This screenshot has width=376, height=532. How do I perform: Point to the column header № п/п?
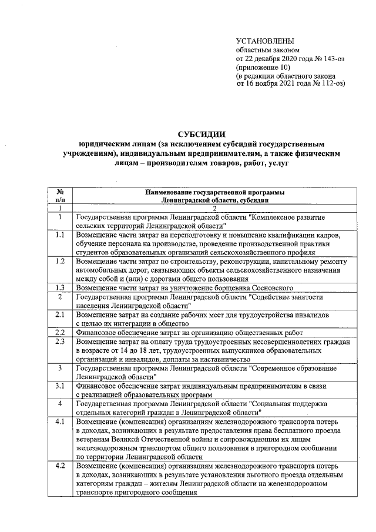(60, 196)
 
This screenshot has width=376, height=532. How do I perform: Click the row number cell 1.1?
(60, 236)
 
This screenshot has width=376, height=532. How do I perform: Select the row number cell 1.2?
(60, 261)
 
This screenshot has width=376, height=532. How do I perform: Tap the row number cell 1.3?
(60, 287)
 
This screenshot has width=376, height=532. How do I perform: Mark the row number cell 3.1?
(60, 386)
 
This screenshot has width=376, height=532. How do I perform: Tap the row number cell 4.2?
(60, 466)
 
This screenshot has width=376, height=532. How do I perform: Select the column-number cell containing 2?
(214, 209)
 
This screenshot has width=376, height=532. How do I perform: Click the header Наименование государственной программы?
(214, 192)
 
